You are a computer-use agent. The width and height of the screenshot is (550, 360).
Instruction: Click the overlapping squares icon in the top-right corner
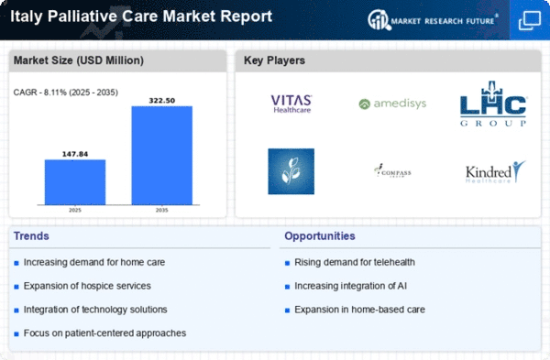(x=529, y=18)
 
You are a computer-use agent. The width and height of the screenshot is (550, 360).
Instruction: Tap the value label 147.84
(x=75, y=153)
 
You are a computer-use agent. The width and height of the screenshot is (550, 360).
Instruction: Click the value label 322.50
(x=162, y=99)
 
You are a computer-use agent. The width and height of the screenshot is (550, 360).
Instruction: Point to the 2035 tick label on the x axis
(x=162, y=210)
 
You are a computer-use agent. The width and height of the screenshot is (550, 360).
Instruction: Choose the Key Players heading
(x=274, y=60)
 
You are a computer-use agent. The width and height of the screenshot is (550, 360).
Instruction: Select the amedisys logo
(x=392, y=104)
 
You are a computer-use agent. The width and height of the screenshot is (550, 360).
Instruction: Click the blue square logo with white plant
(x=291, y=171)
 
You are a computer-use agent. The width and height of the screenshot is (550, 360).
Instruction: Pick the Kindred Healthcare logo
(x=493, y=172)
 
